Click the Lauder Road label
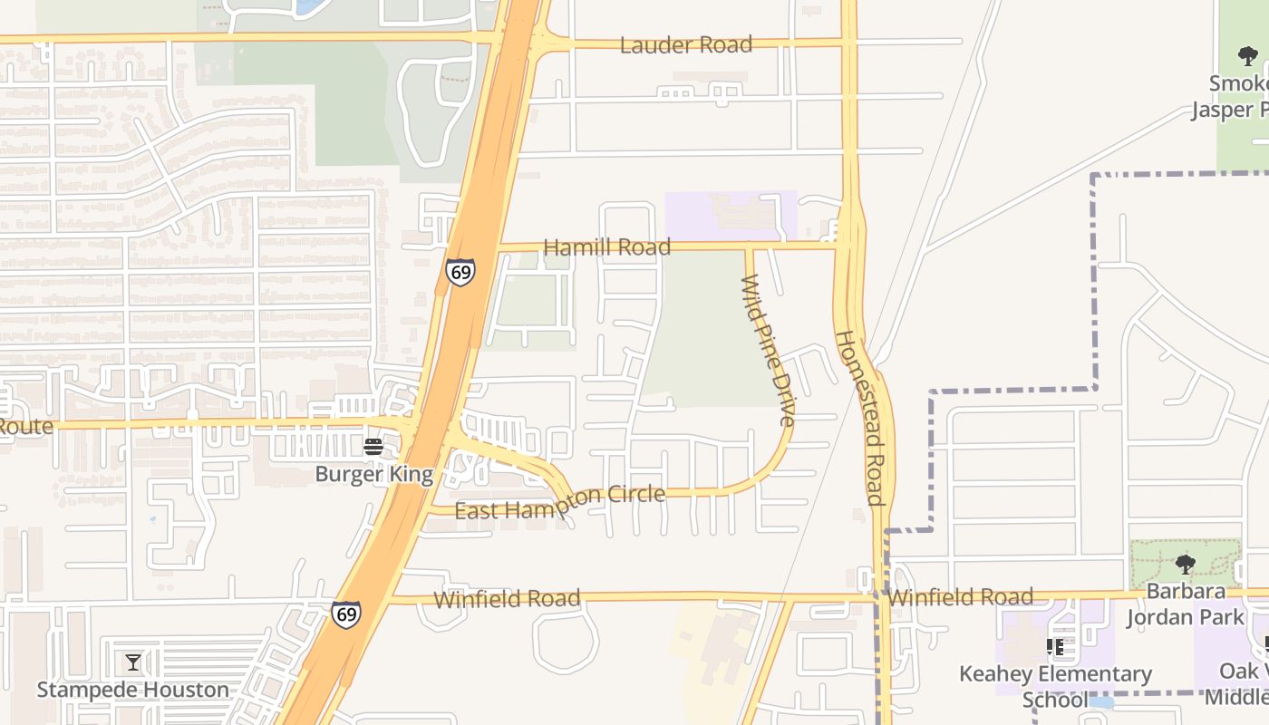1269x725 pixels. (686, 44)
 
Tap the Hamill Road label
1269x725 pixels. (606, 246)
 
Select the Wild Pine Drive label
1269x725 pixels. (769, 351)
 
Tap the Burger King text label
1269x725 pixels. (373, 474)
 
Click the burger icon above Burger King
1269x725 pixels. (373, 446)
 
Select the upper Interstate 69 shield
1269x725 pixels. (460, 271)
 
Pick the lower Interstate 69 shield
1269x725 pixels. (345, 614)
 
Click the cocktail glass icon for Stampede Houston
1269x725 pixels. (133, 662)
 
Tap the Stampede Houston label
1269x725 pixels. (133, 690)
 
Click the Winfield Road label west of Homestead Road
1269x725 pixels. (507, 599)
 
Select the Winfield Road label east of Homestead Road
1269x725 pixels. (960, 597)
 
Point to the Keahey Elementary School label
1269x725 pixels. (1056, 686)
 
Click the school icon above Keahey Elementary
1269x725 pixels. (1055, 646)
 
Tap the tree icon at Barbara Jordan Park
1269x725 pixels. (1185, 565)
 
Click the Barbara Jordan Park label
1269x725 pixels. (1185, 604)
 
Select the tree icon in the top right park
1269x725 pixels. (1247, 56)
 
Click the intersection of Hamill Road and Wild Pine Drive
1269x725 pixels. (749, 246)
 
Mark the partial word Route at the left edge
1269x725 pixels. (25, 425)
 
